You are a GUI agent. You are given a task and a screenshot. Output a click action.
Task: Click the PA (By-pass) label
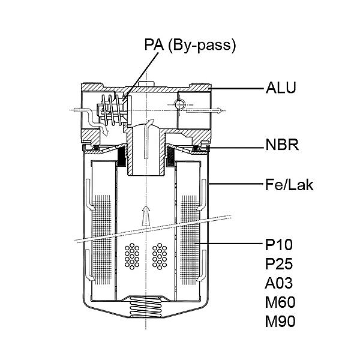tap(190, 45)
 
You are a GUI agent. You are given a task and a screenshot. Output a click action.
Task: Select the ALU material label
tap(281, 88)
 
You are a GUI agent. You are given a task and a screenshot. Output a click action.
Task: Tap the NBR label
tap(282, 145)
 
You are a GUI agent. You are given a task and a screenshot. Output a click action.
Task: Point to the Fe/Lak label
tap(289, 185)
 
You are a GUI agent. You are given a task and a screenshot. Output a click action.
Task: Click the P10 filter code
tap(279, 245)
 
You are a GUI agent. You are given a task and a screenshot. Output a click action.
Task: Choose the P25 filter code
tap(279, 264)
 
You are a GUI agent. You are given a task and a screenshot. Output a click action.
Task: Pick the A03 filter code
tap(279, 283)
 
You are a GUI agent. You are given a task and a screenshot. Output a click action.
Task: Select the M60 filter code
tap(280, 302)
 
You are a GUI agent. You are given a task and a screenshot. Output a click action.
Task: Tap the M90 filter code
tap(280, 322)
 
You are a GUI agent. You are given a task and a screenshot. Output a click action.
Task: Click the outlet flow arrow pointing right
tap(205, 110)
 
